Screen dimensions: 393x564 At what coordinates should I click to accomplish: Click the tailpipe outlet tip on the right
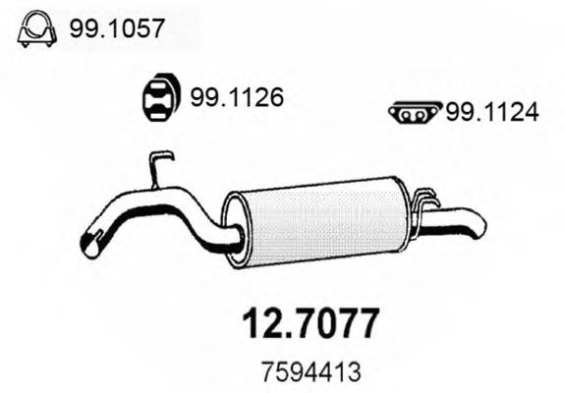tap(477, 227)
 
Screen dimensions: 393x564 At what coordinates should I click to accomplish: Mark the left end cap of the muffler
tap(232, 229)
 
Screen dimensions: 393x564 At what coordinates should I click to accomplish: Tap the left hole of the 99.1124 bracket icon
tap(405, 115)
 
